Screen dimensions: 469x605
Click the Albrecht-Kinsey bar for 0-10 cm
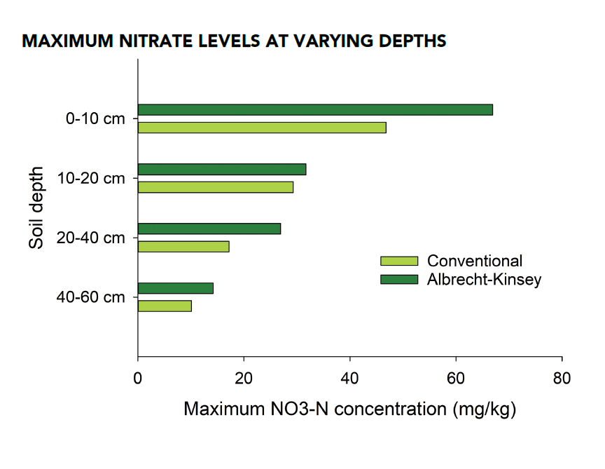[x=315, y=109]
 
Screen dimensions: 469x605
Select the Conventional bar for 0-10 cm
[x=262, y=128]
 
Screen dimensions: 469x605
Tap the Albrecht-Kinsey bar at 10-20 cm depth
[x=222, y=169]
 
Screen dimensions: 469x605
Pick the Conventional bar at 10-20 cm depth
[x=216, y=187]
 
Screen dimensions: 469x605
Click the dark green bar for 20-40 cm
[x=209, y=229]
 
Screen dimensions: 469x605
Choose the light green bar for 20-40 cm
[x=183, y=247]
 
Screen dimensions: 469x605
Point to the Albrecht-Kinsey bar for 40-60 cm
[x=176, y=288]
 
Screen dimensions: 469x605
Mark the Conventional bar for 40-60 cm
[x=165, y=306]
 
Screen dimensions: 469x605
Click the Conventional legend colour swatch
[x=399, y=261]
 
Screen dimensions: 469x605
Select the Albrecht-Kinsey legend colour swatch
[x=399, y=280]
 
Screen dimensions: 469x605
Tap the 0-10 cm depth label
[x=95, y=119]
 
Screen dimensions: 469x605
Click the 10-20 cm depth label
[x=92, y=179]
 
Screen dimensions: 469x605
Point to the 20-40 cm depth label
[x=92, y=238]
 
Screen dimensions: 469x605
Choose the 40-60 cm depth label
[x=92, y=298]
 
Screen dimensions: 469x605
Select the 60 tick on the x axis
[x=456, y=379]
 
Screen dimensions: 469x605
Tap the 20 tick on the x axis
[x=244, y=379]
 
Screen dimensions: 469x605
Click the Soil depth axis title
[x=37, y=208]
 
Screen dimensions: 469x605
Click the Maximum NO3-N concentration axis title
[x=349, y=409]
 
